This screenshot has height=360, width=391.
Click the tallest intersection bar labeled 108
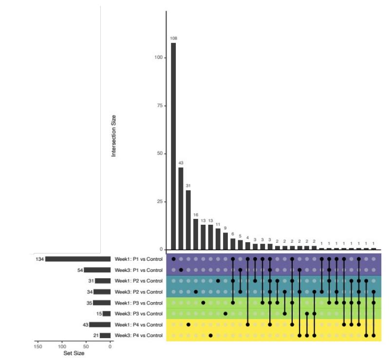pyautogui.click(x=173, y=146)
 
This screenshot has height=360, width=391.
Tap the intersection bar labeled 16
pyautogui.click(x=196, y=234)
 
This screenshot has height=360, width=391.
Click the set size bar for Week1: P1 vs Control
pyautogui.click(x=78, y=259)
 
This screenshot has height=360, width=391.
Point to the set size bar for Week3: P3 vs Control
pyautogui.click(x=107, y=314)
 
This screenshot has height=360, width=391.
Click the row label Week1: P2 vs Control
pyautogui.click(x=139, y=281)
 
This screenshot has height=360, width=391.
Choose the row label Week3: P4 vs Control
pyautogui.click(x=139, y=336)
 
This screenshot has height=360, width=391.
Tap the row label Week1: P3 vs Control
pyautogui.click(x=139, y=303)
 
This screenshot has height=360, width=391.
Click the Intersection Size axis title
pyautogui.click(x=114, y=135)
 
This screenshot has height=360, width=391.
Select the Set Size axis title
pyautogui.click(x=74, y=354)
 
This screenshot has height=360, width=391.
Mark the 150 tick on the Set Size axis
pyautogui.click(x=38, y=346)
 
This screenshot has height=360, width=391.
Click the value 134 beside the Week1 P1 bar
pyautogui.click(x=39, y=259)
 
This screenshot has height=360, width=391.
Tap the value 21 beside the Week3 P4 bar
pyautogui.click(x=96, y=336)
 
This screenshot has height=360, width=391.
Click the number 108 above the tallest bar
pyautogui.click(x=173, y=38)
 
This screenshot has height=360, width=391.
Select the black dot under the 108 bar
pyautogui.click(x=173, y=259)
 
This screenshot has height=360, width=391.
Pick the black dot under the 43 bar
pyautogui.click(x=181, y=270)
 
